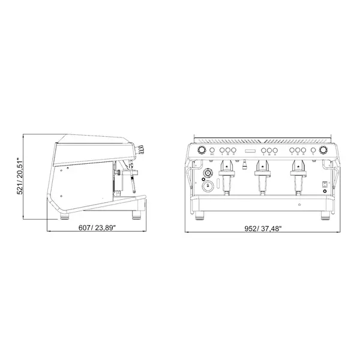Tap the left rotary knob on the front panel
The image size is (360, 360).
tap(202, 150)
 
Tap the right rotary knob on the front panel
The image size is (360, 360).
tap(324, 150)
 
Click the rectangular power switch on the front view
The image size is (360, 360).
tap(325, 184)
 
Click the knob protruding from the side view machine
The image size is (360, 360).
tap(141, 149)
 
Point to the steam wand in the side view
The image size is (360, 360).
tap(128, 180)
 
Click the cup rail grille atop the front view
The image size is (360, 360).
tap(262, 138)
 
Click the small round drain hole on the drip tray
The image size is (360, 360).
tap(298, 204)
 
